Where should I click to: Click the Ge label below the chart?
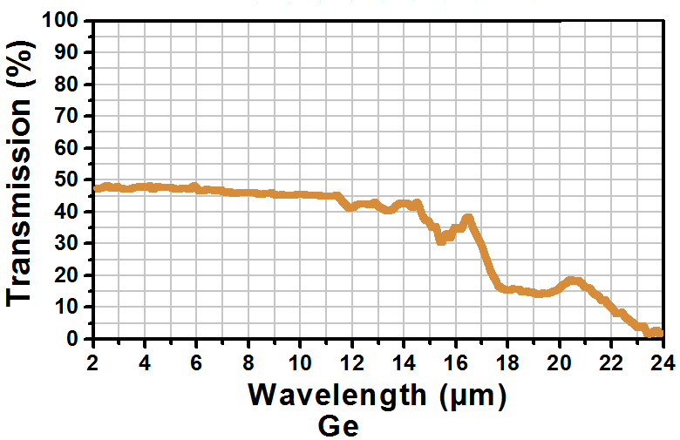pos(338,426)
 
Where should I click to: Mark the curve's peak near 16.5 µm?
pos(469,219)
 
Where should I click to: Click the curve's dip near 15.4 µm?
pos(441,239)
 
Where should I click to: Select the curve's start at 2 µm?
pos(95,187)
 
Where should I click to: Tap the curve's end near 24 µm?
pos(659,333)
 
